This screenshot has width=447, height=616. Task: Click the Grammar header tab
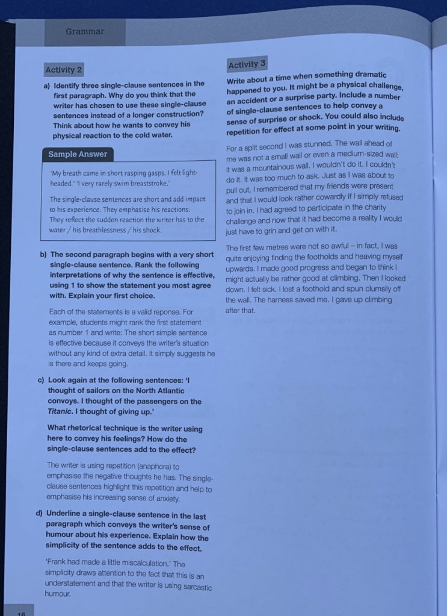pos(85,32)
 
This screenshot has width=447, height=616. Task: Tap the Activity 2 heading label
pos(64,70)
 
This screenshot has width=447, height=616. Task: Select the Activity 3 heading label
pos(247,64)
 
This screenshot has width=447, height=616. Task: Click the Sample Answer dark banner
pos(78,154)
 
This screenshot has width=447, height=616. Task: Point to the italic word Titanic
pos(60,411)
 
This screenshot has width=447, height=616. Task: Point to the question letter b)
pos(43,255)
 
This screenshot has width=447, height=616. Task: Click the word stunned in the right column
pos(315,143)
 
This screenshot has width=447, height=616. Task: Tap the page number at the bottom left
pos(22,612)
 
